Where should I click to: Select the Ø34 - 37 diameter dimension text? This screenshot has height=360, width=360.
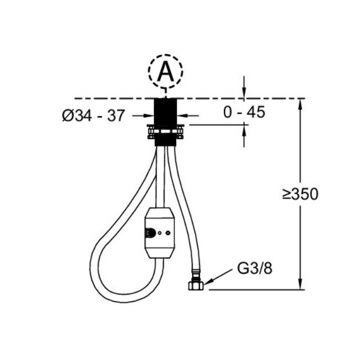94,115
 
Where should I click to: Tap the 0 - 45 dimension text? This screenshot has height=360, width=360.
244,112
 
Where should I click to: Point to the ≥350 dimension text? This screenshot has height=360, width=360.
300,194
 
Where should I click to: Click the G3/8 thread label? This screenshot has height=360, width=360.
255,268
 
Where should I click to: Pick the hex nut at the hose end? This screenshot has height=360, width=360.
196,285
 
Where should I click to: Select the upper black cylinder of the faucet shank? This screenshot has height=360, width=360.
165,112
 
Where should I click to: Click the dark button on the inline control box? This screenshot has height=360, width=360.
151,233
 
